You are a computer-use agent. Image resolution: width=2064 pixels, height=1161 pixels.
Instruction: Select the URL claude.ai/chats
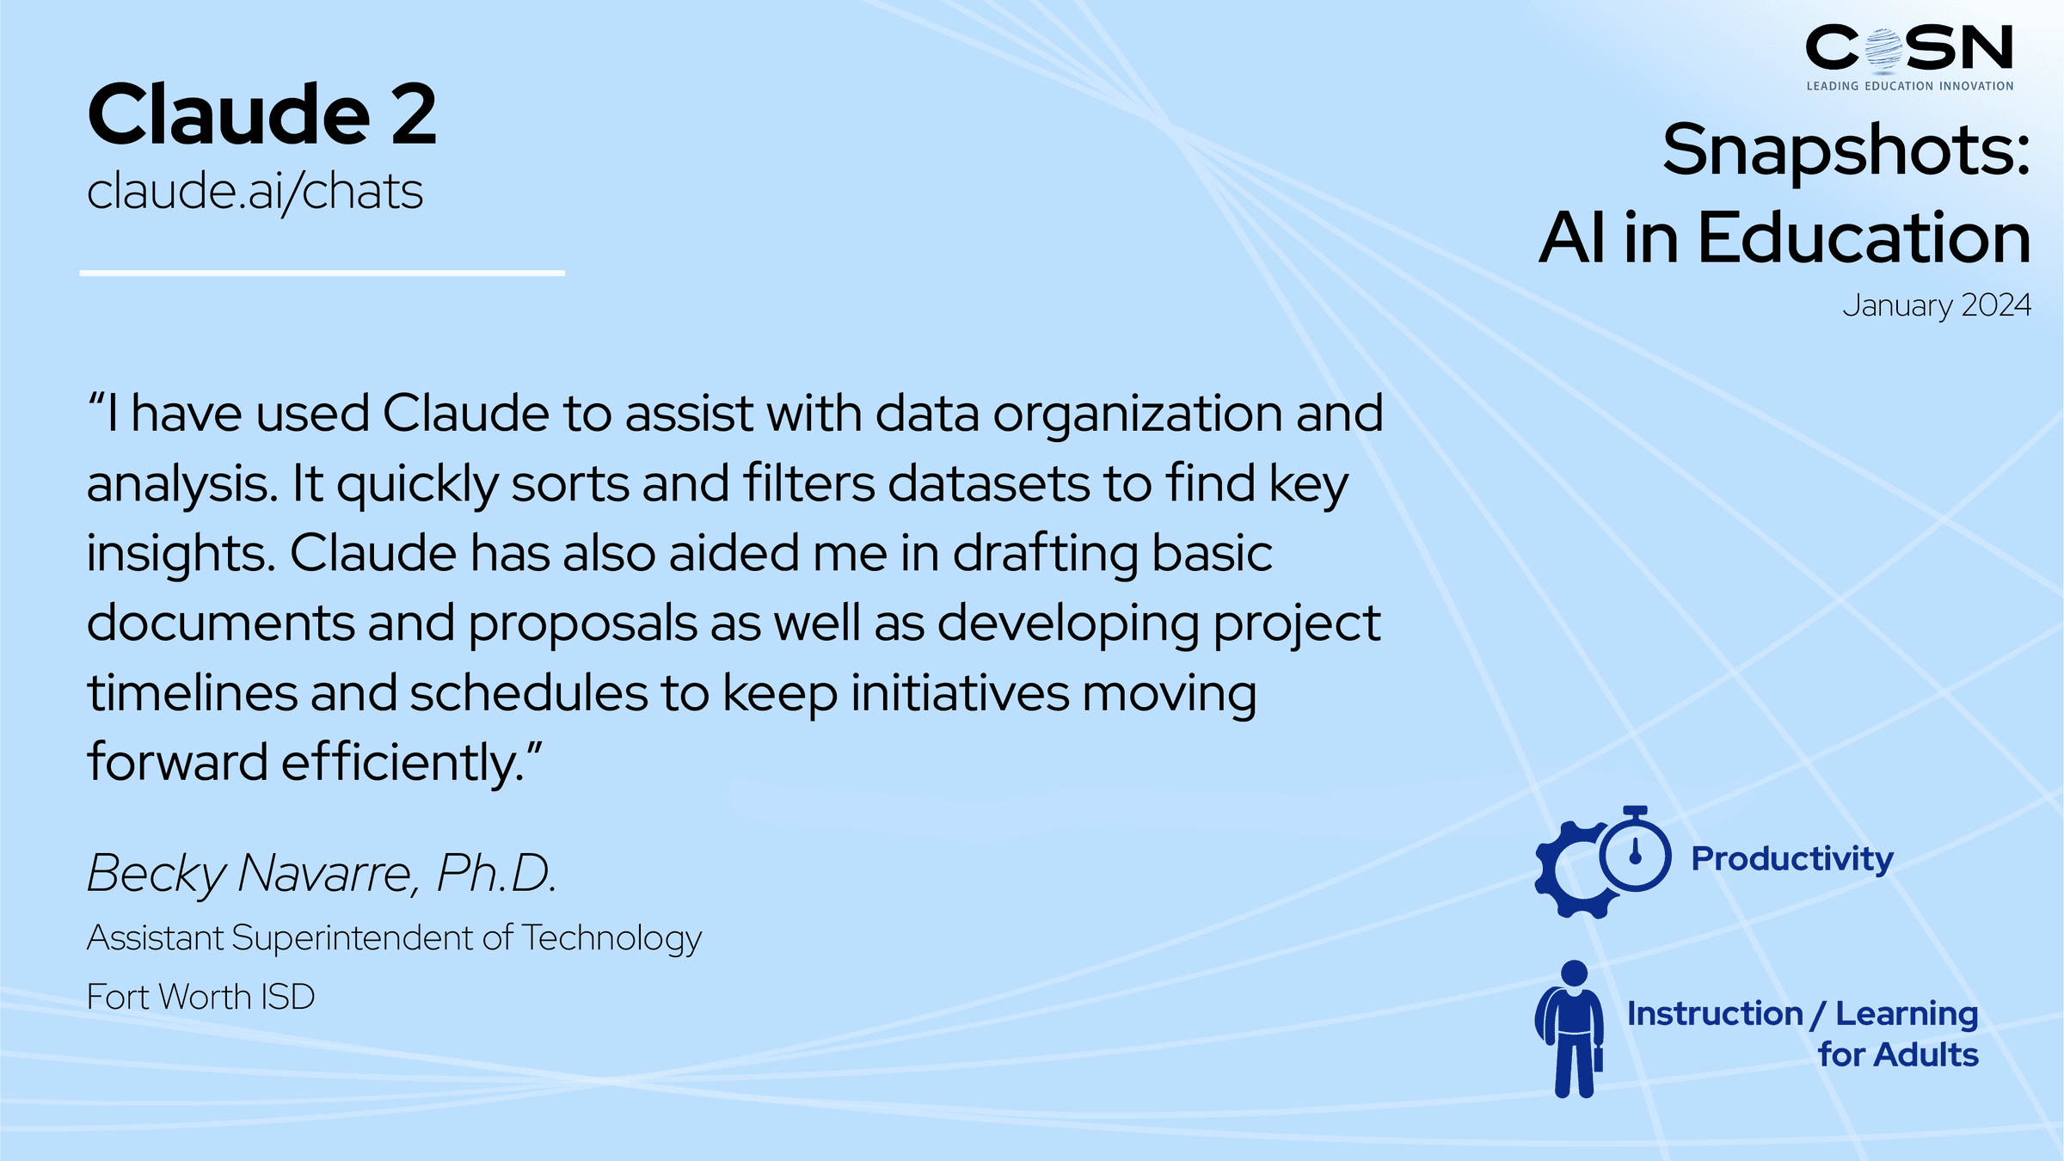pyautogui.click(x=255, y=191)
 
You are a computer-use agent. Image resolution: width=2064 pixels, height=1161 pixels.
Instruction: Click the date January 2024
pyautogui.click(x=1937, y=306)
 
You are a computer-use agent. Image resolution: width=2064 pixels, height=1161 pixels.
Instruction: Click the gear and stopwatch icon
pyautogui.click(x=1603, y=862)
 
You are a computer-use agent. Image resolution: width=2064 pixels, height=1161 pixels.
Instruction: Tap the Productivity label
pyautogui.click(x=1792, y=859)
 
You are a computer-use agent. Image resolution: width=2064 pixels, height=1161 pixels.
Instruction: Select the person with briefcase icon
pyautogui.click(x=1569, y=1029)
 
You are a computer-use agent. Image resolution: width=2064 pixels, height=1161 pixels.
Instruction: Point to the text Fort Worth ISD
pyautogui.click(x=201, y=997)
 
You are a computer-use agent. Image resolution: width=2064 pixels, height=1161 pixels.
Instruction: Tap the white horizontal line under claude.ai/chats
pyautogui.click(x=322, y=273)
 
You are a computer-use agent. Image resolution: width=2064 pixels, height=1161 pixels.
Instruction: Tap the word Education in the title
pyautogui.click(x=1864, y=238)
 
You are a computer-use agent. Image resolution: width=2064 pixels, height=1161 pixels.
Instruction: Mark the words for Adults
pyautogui.click(x=1898, y=1054)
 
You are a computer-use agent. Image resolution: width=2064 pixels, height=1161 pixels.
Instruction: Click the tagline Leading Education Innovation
pyautogui.click(x=1910, y=86)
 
